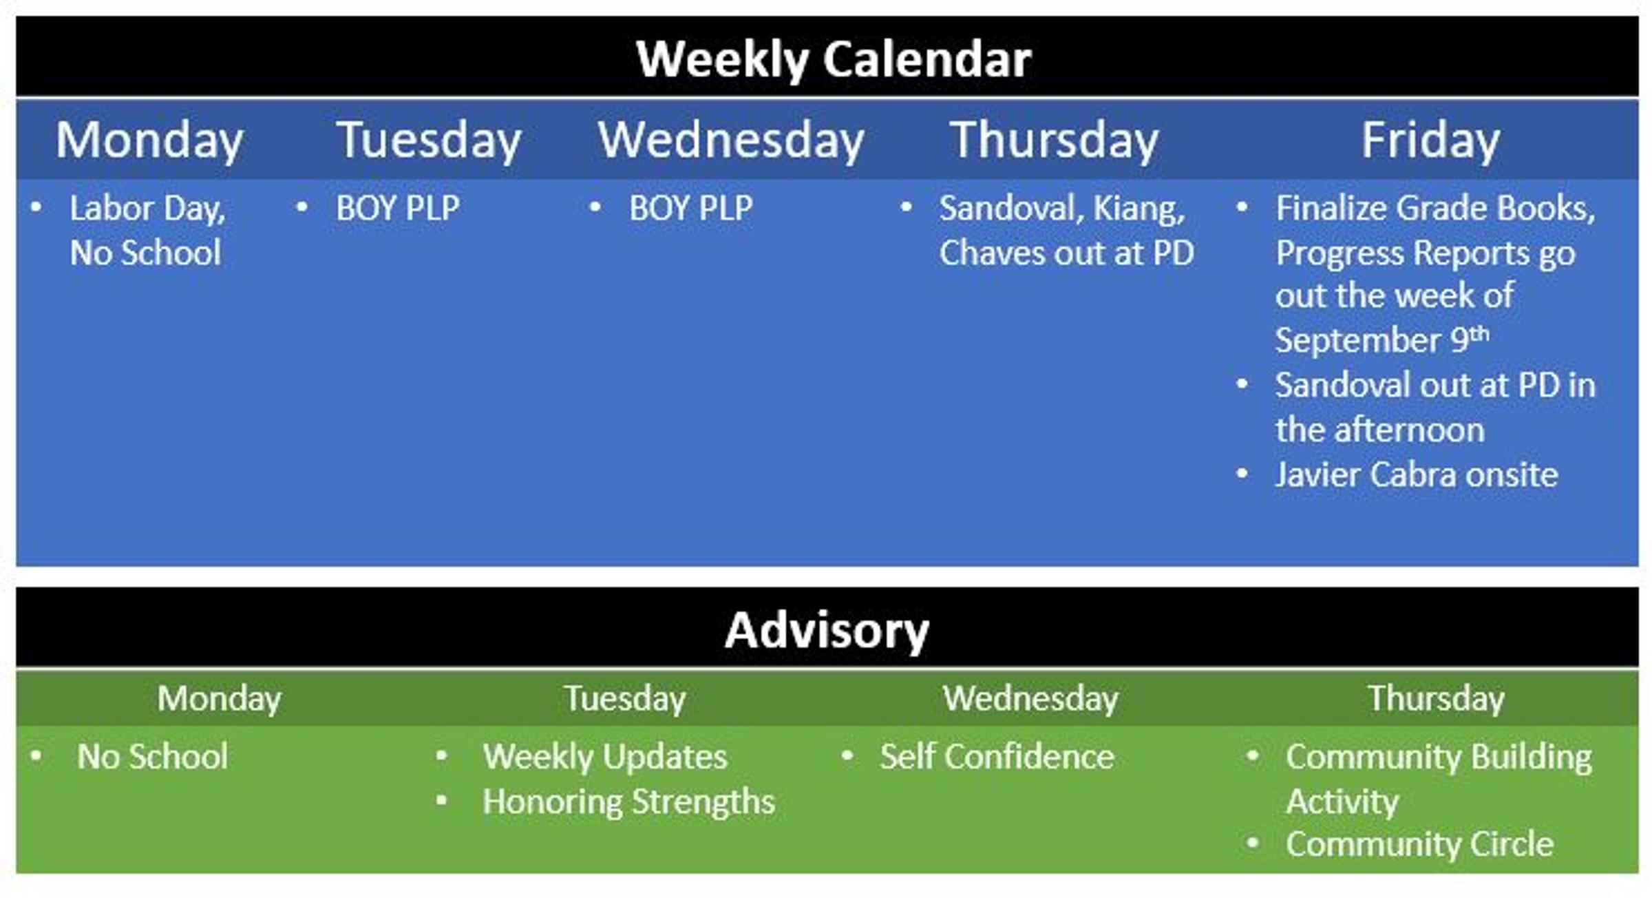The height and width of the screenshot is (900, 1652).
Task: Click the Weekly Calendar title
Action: [x=834, y=60]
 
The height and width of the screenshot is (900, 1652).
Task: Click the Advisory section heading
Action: [x=827, y=630]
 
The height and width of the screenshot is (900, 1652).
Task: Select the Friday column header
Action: [x=1430, y=141]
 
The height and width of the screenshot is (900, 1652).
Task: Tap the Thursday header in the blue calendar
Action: [x=1054, y=141]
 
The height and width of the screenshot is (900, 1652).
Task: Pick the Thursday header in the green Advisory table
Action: [x=1436, y=699]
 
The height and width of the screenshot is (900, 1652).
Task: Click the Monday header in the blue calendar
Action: [x=149, y=141]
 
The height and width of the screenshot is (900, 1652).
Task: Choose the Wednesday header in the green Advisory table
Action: [x=1030, y=698]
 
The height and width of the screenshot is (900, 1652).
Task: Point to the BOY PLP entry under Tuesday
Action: [x=397, y=208]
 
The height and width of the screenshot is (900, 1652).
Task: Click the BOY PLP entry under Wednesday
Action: [x=690, y=208]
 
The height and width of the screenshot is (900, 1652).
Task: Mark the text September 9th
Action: [x=1381, y=339]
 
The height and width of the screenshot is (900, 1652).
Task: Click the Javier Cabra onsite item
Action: [x=1416, y=474]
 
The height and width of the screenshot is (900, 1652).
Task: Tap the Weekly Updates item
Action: [x=604, y=757]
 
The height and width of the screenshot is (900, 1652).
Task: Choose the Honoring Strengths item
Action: [x=628, y=802]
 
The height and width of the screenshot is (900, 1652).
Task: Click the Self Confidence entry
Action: [x=997, y=757]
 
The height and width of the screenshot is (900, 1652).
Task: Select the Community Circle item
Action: [x=1419, y=845]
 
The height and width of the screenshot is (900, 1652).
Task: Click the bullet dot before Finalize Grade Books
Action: [x=1242, y=207]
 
